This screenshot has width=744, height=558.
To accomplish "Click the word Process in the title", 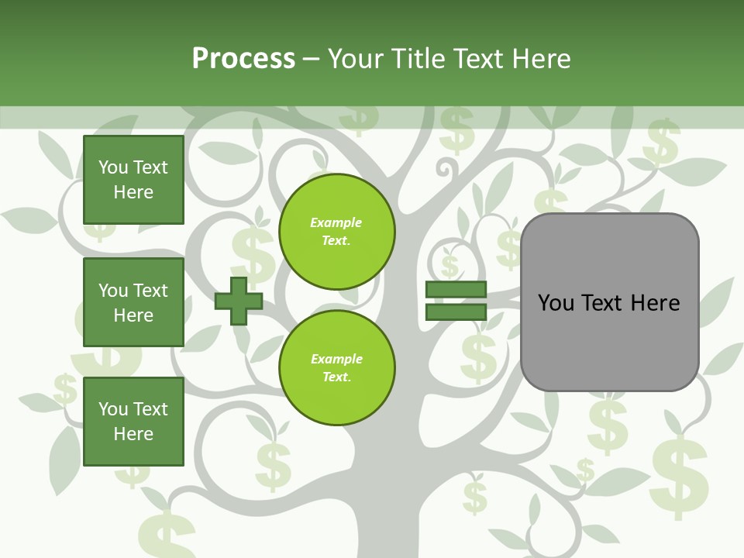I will [x=243, y=58].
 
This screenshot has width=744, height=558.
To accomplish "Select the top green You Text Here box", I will [x=133, y=179].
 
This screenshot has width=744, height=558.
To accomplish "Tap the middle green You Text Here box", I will [x=133, y=302].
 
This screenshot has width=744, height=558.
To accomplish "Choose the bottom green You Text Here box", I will [x=133, y=421].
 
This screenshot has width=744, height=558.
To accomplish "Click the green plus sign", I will [x=238, y=301].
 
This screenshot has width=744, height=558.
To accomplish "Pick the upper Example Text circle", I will [x=337, y=232].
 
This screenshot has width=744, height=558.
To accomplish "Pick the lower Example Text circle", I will [x=337, y=368].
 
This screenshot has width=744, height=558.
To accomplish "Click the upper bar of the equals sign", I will [x=456, y=290].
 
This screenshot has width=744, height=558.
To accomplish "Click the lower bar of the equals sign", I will [x=456, y=312].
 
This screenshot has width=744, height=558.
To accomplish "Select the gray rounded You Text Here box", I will [x=609, y=302].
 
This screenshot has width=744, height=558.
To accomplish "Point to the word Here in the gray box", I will [x=654, y=302].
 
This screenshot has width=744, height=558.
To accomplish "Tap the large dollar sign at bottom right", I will [x=679, y=477].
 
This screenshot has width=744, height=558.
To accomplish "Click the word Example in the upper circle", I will [x=336, y=222].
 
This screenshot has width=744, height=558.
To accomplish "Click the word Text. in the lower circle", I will [x=336, y=377].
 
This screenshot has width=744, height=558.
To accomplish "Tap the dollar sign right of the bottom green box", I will [x=273, y=465].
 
